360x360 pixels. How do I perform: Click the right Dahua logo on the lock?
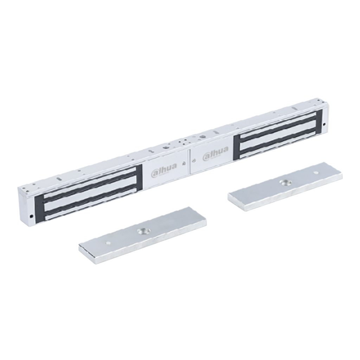click(216, 153)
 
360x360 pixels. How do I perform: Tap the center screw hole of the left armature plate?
click(144, 231)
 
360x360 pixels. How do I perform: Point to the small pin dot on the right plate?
click(316, 172)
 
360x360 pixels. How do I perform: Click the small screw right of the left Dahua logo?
click(184, 164)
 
